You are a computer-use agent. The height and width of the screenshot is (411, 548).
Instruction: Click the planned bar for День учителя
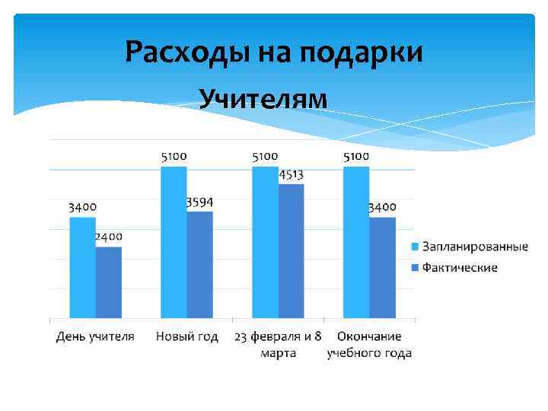(82, 267)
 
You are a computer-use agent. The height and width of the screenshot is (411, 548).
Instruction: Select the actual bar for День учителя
(108, 282)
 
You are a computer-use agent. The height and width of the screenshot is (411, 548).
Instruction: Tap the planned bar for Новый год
(174, 242)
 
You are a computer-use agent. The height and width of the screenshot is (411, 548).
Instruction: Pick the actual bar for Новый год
(199, 265)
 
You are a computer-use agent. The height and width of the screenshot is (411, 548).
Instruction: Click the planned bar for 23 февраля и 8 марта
(265, 242)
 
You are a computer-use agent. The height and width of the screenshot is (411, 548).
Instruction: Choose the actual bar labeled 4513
(291, 251)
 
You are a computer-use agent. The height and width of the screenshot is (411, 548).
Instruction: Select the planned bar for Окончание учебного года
(356, 242)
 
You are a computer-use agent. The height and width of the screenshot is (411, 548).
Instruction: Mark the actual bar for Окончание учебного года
(382, 267)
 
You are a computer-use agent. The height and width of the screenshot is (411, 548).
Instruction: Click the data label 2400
(108, 237)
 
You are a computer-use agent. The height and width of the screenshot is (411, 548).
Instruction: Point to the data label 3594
(199, 202)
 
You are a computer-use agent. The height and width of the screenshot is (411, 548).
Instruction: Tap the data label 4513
(291, 174)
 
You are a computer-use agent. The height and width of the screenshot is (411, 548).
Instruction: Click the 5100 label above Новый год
(174, 156)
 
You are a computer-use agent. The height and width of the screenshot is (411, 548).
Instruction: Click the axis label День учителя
(95, 336)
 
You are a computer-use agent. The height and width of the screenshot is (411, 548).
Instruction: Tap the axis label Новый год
(186, 336)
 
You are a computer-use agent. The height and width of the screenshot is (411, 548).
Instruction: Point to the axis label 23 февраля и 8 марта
(278, 344)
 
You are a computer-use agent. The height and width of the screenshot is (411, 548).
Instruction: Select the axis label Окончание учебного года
(369, 344)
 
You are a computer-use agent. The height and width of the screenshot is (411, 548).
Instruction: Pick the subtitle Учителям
(263, 99)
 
